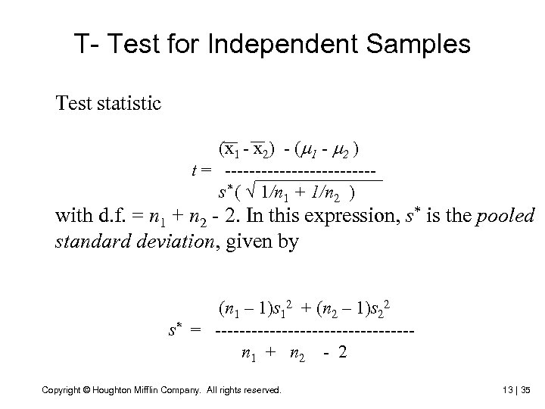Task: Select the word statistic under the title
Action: point(126,103)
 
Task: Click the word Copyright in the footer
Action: point(63,390)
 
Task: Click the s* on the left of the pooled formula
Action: point(176,329)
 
